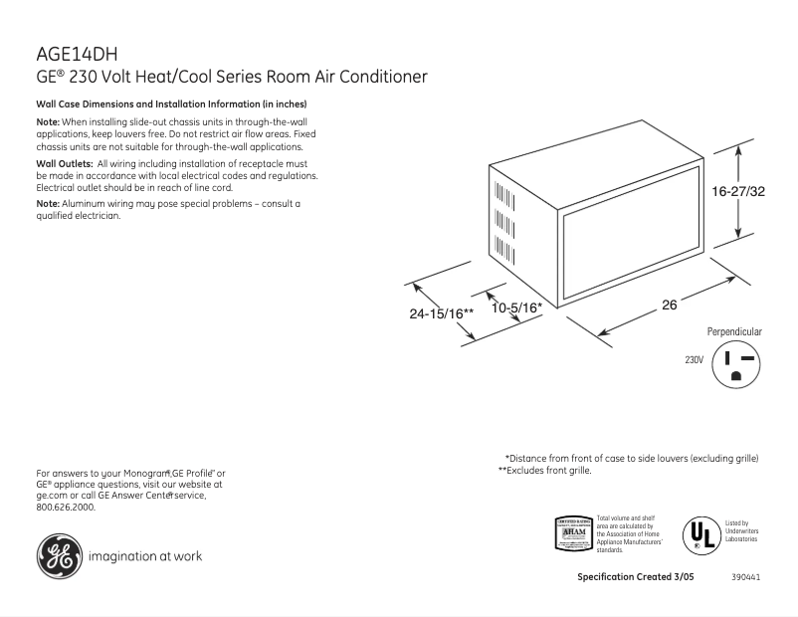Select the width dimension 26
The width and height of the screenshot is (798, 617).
point(669,306)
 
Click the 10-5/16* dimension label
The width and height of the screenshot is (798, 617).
point(516,308)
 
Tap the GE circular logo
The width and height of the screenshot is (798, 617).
point(59,555)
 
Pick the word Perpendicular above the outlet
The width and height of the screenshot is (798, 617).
point(734,330)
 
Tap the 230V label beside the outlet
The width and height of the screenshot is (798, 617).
point(695,359)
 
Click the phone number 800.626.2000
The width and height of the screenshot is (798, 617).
point(66,507)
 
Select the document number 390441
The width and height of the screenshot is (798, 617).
point(745,577)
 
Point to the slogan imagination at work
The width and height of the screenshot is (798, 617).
point(145,556)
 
